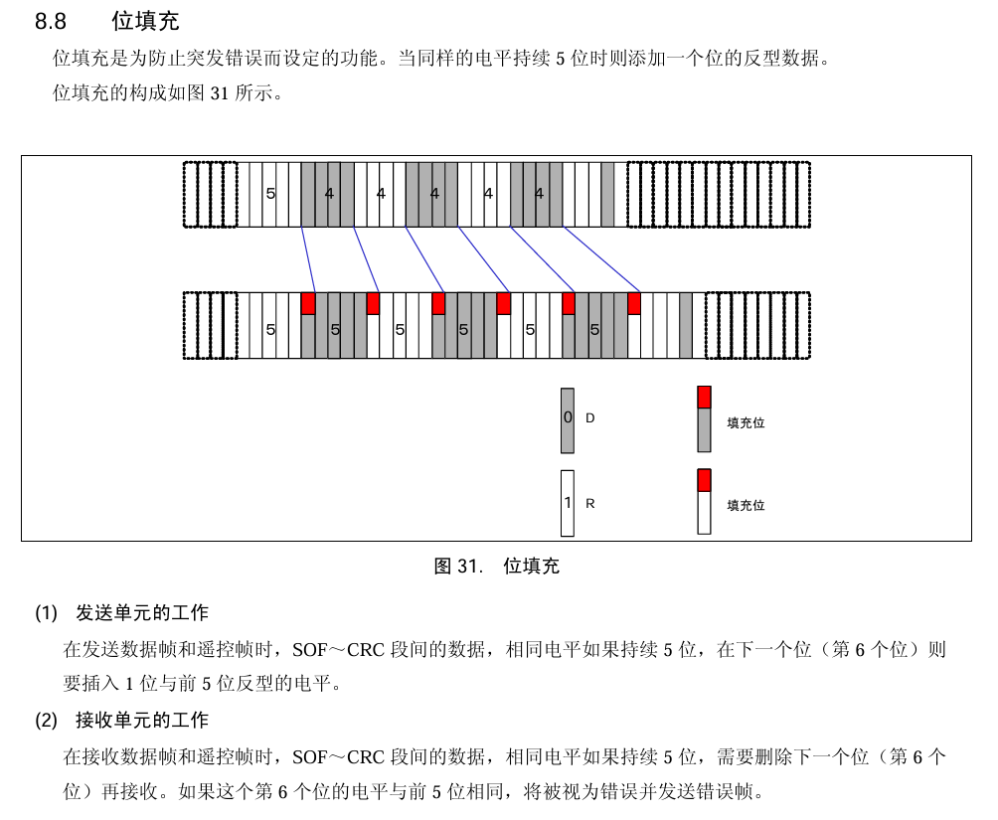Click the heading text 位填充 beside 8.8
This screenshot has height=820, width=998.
145,21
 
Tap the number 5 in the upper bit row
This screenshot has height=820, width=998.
270,194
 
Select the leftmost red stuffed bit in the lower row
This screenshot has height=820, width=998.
308,303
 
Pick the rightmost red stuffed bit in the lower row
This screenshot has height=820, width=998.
633,303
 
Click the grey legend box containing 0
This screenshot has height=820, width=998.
568,419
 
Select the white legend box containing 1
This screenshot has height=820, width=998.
568,503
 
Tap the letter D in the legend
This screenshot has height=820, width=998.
589,418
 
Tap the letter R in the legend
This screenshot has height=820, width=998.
589,504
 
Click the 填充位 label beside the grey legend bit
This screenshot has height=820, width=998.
746,422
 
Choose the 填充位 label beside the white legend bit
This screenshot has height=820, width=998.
746,505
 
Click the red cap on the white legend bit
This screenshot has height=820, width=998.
704,480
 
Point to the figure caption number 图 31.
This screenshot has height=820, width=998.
458,567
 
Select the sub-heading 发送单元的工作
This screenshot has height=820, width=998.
142,612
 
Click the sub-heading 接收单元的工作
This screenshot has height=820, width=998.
142,720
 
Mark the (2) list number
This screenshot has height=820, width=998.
47,720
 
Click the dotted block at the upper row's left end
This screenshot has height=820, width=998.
211,194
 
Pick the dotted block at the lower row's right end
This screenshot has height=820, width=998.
757,325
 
